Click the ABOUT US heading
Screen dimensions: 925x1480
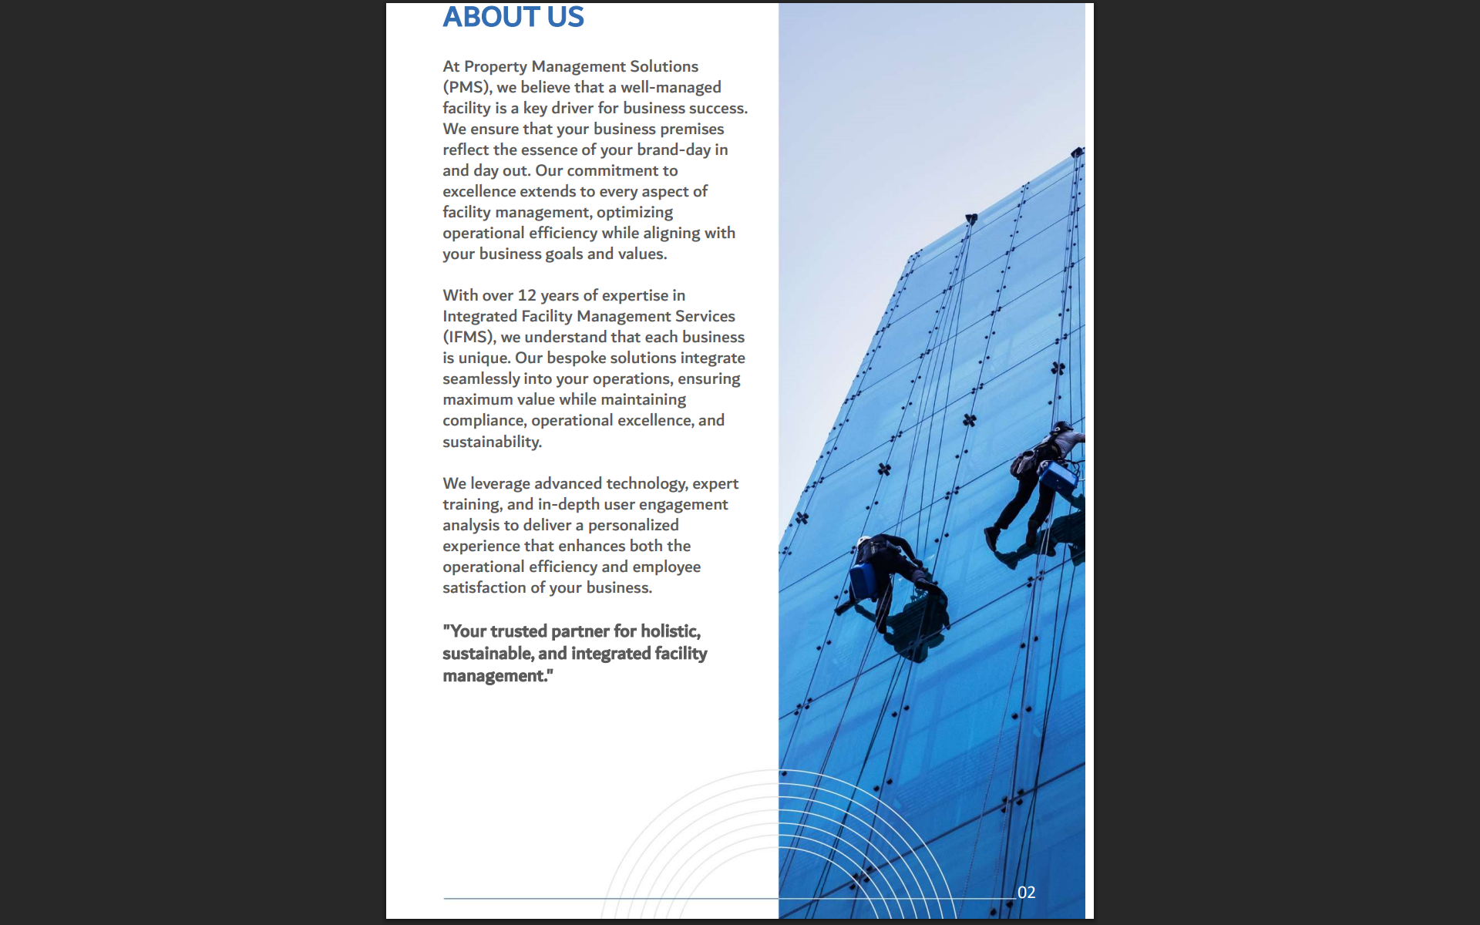click(513, 17)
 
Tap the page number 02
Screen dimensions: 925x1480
click(1026, 893)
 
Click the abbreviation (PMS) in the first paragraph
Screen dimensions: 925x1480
click(467, 88)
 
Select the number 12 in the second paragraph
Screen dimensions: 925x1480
click(526, 296)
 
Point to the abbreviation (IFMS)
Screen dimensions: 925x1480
click(469, 338)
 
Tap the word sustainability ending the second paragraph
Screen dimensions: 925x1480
click(492, 442)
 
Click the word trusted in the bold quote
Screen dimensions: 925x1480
click(518, 631)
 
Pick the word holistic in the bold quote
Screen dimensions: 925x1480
click(671, 631)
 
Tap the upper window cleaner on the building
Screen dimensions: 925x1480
click(1037, 486)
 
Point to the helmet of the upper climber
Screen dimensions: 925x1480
click(1064, 426)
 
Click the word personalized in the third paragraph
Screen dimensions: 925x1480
click(633, 526)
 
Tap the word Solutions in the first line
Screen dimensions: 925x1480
click(664, 67)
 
